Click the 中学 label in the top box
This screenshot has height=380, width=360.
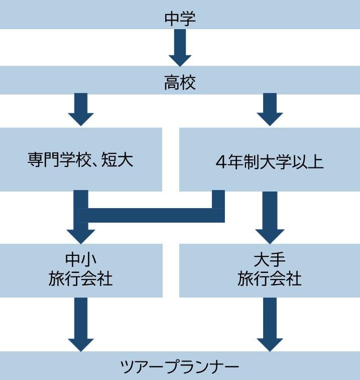point(180,19)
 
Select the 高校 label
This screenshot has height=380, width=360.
point(180,82)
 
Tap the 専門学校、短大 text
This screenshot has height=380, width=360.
point(80,161)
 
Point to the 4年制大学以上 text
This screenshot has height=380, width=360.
point(270,162)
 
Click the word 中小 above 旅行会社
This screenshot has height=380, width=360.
point(81,259)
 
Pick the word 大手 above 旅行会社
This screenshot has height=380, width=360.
point(270,259)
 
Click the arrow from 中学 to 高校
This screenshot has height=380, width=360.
point(180,47)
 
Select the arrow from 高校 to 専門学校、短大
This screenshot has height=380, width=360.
point(81,109)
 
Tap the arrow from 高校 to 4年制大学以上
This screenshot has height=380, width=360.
point(270,109)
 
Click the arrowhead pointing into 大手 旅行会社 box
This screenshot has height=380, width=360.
point(270,234)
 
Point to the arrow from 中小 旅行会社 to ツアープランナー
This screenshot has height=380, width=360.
point(81,324)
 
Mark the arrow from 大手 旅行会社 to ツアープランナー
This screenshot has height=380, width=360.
point(270,324)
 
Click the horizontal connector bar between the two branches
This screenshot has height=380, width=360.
point(151,215)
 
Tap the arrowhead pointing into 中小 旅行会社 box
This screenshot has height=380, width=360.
point(81,234)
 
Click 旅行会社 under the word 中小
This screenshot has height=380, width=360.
point(81,278)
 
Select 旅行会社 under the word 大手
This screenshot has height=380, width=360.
point(270,278)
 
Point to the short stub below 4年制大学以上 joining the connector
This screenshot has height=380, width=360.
point(218,200)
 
